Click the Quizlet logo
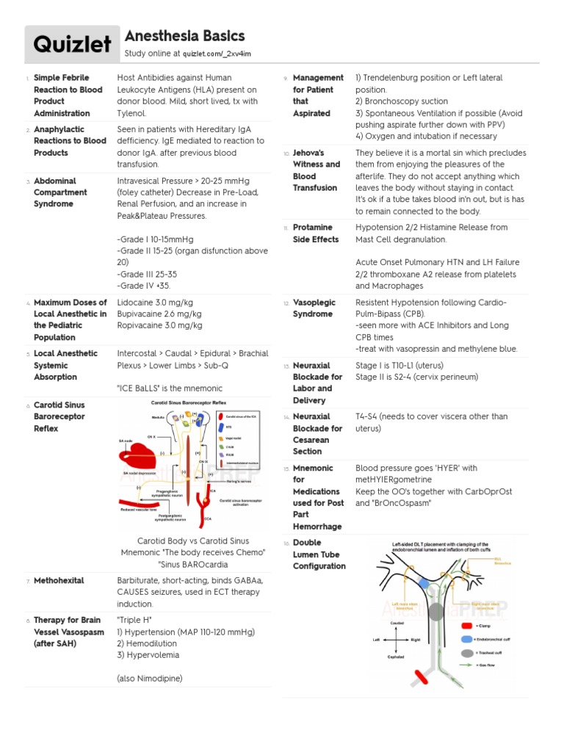71,44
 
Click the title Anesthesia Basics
184,36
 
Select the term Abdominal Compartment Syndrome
60,192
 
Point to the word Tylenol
132,113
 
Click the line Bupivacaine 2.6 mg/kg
159,314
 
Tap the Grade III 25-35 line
148,274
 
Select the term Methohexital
59,580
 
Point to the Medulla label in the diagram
159,416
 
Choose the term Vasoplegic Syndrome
312,308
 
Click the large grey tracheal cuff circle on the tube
436,612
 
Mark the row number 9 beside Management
285,79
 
